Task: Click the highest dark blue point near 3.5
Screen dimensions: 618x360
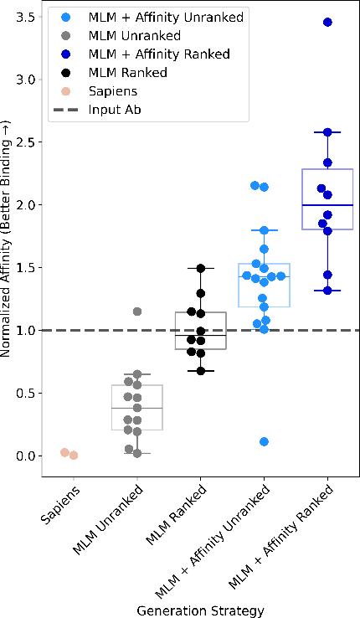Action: click(327, 22)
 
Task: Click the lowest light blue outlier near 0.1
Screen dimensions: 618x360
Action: click(264, 441)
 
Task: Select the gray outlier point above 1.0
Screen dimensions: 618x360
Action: click(137, 312)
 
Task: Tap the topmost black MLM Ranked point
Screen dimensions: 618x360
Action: click(201, 268)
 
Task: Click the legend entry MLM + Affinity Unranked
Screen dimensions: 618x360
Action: click(154, 17)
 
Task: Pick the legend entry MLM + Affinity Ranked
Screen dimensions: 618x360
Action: click(148, 54)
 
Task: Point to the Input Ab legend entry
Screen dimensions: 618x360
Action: click(112, 109)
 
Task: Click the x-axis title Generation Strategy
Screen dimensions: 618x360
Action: click(201, 610)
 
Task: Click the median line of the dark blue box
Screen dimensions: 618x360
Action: click(327, 205)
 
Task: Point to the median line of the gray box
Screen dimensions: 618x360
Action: click(137, 408)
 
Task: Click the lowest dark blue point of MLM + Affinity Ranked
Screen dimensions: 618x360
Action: click(327, 291)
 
